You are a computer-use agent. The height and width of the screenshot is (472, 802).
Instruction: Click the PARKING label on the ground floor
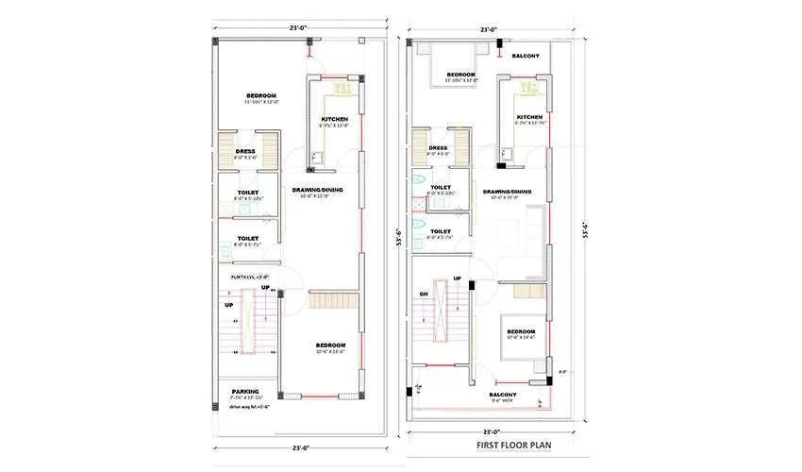click(x=245, y=392)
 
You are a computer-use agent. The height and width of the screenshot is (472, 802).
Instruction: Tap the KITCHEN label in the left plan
click(x=335, y=120)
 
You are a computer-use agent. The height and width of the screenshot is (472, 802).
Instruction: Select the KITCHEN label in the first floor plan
click(x=529, y=118)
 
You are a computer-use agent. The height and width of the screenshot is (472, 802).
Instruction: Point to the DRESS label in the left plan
click(x=245, y=151)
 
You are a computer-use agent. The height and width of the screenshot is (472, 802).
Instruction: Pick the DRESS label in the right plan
click(x=438, y=147)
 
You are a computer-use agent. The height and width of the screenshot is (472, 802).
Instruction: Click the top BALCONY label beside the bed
click(x=526, y=57)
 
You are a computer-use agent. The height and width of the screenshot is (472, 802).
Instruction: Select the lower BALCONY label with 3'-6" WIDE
click(x=503, y=395)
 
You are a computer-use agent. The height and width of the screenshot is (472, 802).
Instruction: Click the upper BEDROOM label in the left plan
click(x=260, y=96)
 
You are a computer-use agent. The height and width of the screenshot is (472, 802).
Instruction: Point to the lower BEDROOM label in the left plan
click(x=331, y=346)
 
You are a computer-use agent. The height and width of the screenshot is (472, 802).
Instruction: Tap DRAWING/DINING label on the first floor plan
click(x=508, y=192)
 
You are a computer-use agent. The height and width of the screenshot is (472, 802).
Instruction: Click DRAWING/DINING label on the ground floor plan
click(x=317, y=190)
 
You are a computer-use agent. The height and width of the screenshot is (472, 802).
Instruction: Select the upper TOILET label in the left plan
click(x=248, y=193)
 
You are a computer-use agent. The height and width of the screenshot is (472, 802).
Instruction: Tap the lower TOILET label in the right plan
click(x=440, y=231)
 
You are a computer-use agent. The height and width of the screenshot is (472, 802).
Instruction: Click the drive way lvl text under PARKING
click(x=250, y=407)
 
